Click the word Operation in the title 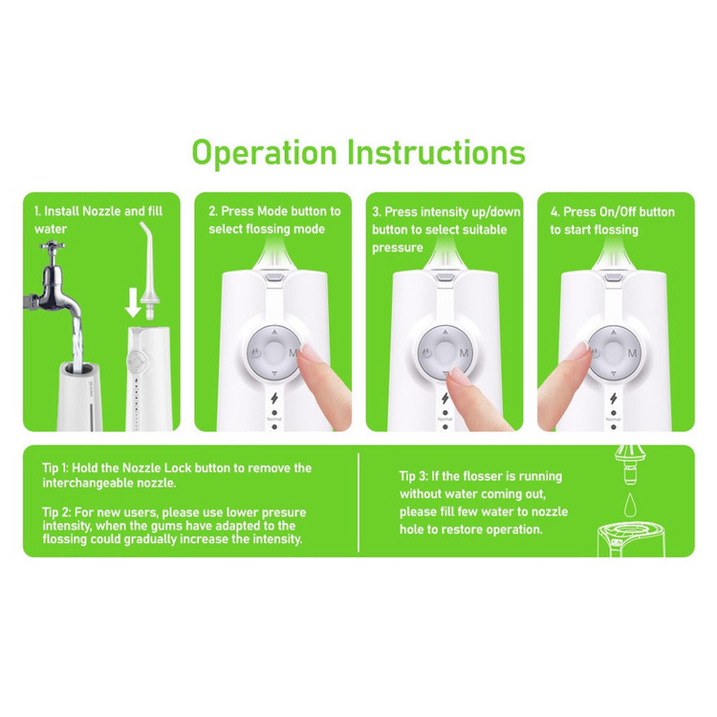tap(264, 153)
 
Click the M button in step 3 tap(464, 353)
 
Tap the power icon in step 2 tap(255, 353)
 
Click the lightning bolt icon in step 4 tap(614, 399)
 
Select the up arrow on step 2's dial tap(274, 333)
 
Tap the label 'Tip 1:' tap(55, 467)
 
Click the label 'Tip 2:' tap(56, 512)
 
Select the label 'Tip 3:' tap(414, 476)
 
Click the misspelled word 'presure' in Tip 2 tap(282, 513)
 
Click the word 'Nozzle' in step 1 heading tap(101, 211)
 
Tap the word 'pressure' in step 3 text tap(398, 249)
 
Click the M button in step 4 tap(633, 353)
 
